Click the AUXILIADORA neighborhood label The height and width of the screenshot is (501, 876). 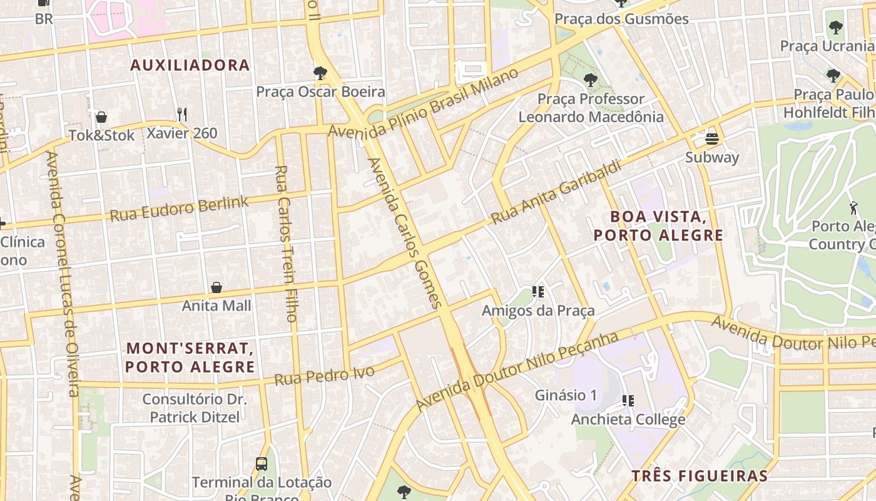(190, 65)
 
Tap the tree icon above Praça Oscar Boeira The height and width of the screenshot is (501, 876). (320, 73)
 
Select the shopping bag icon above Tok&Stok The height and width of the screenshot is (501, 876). (101, 117)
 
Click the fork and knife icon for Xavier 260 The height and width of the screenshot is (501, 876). (182, 114)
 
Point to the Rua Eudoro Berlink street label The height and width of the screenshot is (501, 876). (180, 209)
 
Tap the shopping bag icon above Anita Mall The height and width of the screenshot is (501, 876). (216, 287)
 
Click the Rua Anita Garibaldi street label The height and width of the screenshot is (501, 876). (556, 192)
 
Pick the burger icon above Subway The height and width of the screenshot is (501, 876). (712, 138)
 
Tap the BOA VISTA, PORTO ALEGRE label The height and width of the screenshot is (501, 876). (658, 226)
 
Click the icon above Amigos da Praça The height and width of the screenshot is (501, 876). (537, 292)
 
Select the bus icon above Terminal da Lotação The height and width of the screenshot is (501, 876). (262, 464)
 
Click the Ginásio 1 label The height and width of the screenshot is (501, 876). (566, 395)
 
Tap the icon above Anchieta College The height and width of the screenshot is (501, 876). (628, 401)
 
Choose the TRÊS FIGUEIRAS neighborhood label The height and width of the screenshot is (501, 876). (699, 476)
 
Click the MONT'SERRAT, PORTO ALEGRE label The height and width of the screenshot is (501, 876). (190, 357)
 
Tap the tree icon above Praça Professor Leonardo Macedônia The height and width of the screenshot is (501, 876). (589, 80)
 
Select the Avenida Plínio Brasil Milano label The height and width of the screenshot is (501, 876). (424, 103)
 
